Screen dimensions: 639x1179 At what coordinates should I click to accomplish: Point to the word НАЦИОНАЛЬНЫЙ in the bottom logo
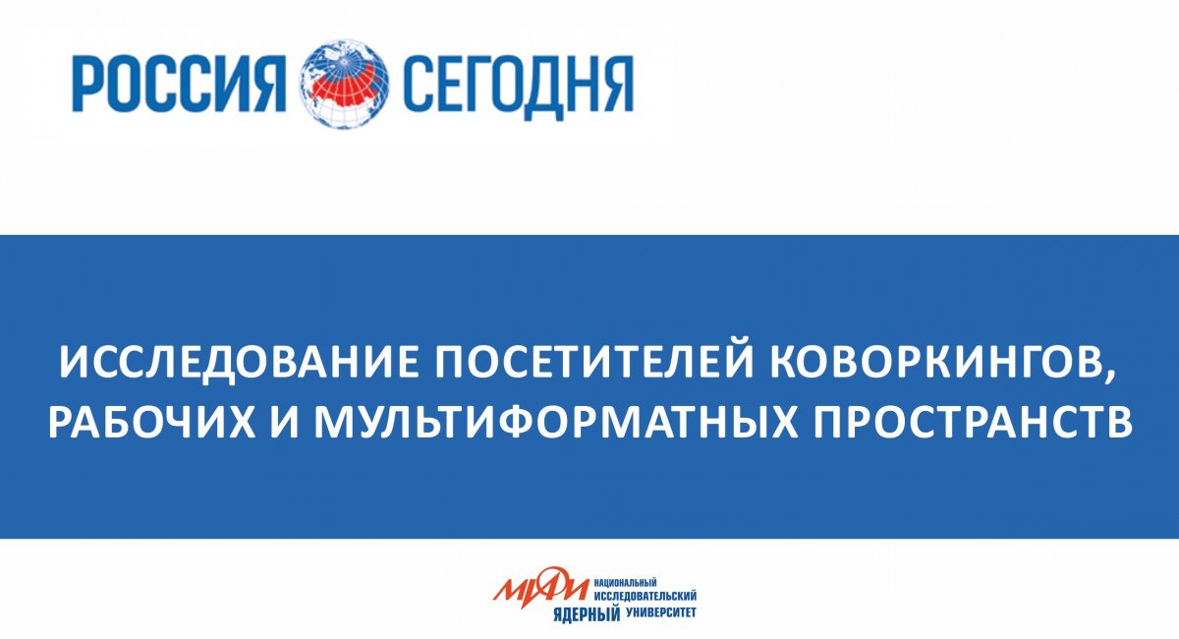(x=626, y=583)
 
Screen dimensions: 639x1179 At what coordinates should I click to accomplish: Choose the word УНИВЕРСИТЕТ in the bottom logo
(x=661, y=611)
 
